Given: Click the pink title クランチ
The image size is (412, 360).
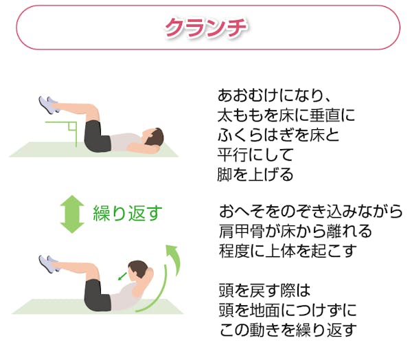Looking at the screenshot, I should click(x=206, y=27).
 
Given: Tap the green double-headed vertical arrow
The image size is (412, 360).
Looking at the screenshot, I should click(x=70, y=214).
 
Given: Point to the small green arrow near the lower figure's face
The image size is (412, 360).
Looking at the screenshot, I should click(x=122, y=275).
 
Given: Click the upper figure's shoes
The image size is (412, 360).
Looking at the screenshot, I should click(x=47, y=105).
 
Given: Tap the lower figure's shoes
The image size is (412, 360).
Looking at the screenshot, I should click(x=47, y=263).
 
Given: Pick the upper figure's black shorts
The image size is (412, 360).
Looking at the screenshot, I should click(x=97, y=135).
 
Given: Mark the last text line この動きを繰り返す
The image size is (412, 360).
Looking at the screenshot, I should click(x=287, y=329).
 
